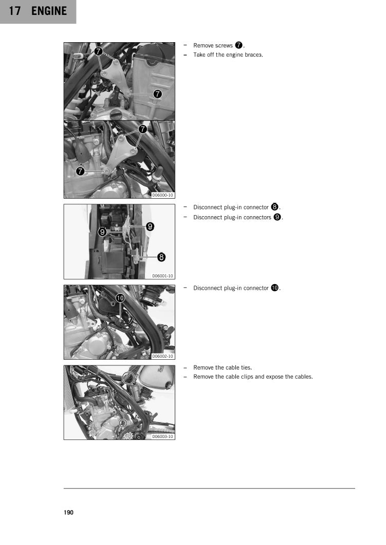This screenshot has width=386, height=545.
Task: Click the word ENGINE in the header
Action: pyautogui.click(x=49, y=11)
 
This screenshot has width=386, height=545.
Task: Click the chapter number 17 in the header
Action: pyautogui.click(x=14, y=11)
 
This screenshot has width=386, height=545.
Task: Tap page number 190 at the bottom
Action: pyautogui.click(x=69, y=513)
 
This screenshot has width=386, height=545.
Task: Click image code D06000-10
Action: pyautogui.click(x=163, y=195)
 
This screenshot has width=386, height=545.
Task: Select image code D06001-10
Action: pyautogui.click(x=163, y=276)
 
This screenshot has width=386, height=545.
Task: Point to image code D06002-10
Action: pyautogui.click(x=163, y=356)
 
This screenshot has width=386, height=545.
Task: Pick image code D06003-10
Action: pyautogui.click(x=163, y=436)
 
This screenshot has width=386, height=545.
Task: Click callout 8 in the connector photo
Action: pyautogui.click(x=161, y=257)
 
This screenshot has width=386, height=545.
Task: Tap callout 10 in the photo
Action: pyautogui.click(x=120, y=298)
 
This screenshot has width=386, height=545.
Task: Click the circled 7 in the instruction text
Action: pyautogui.click(x=238, y=45)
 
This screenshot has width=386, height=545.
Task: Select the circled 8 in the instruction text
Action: pyautogui.click(x=274, y=207)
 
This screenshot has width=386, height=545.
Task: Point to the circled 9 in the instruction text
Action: pyautogui.click(x=278, y=217)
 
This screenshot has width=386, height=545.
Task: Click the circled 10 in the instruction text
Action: pyautogui.click(x=274, y=288)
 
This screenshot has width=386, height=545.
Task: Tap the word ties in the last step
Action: pyautogui.click(x=246, y=367)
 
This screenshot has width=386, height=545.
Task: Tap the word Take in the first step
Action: pyautogui.click(x=199, y=55)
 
